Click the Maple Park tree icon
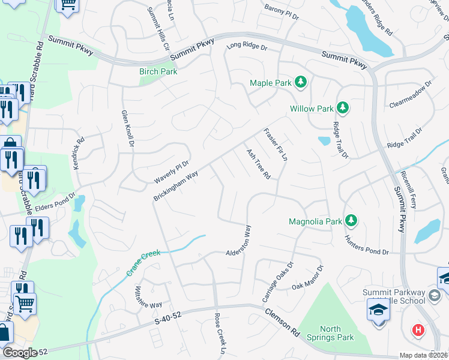click(x=301, y=82)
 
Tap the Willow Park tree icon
click(x=343, y=109)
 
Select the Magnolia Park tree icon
click(x=352, y=221)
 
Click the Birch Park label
click(x=158, y=71)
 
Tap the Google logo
click(x=19, y=353)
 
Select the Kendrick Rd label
click(x=79, y=154)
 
